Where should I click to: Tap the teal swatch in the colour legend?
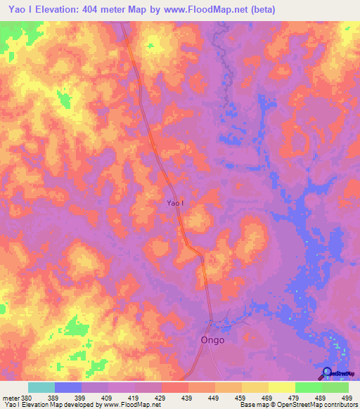(x=41, y=387)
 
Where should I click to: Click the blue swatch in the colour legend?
(x=68, y=387)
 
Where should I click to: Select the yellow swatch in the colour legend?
(x=282, y=387)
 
